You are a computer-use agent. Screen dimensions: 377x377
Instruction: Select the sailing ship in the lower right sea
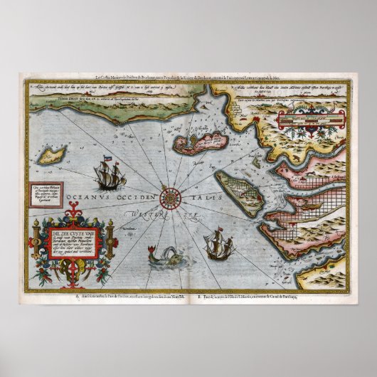coord(213,246)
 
